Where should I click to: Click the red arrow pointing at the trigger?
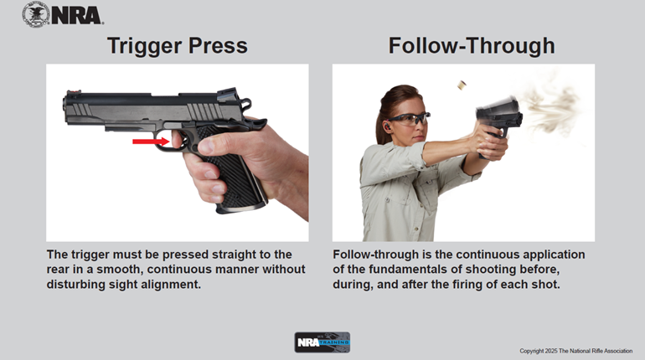[151, 141]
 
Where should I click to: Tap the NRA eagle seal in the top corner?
[36, 14]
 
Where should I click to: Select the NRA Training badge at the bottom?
[322, 342]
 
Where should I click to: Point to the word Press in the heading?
[218, 45]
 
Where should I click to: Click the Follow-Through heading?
[472, 45]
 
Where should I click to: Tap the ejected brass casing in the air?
[462, 85]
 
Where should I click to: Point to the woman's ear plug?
[388, 126]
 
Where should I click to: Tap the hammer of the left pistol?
[246, 105]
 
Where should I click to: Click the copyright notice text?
[576, 351]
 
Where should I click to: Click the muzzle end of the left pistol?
[64, 108]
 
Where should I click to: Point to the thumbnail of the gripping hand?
[207, 145]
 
